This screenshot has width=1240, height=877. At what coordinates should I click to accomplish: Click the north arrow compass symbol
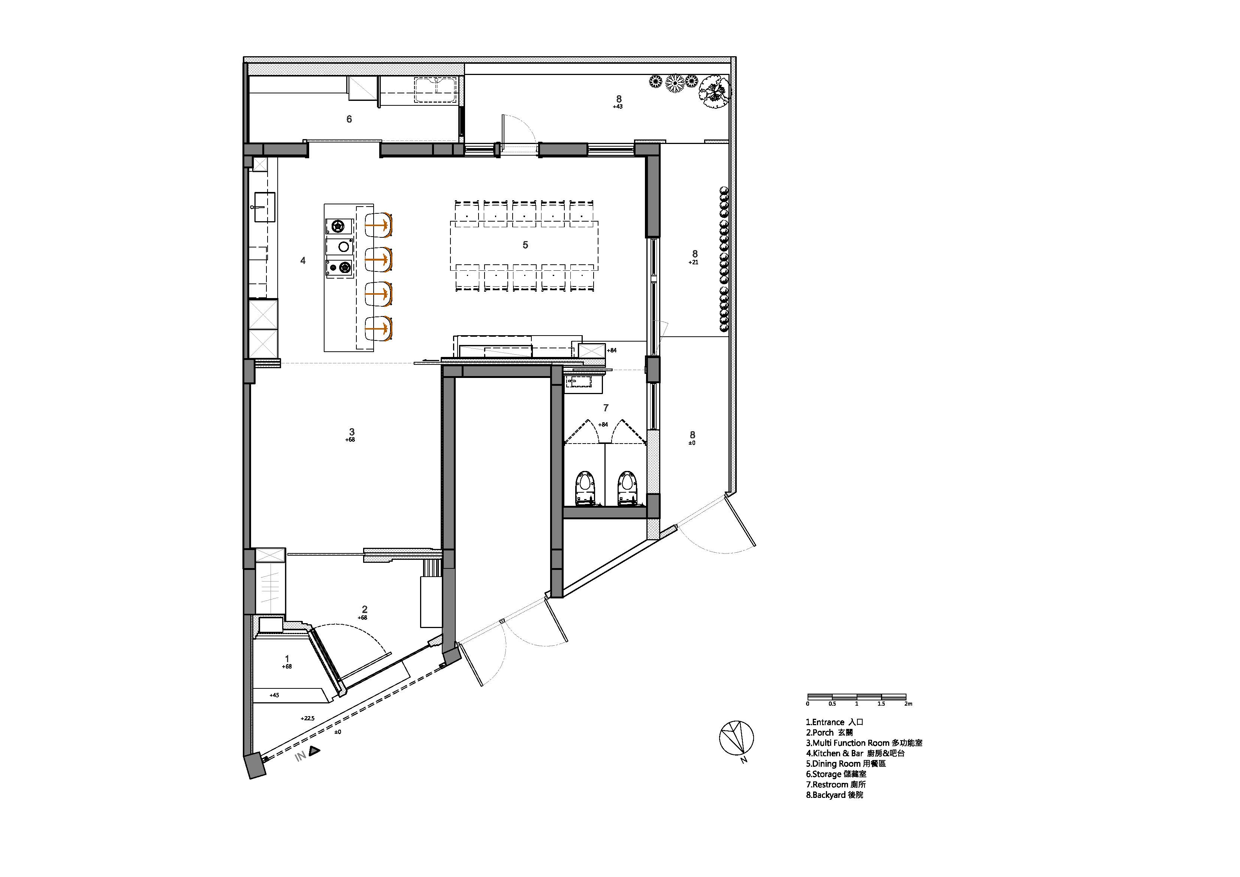[736, 738]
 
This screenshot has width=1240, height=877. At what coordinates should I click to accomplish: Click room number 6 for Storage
[349, 119]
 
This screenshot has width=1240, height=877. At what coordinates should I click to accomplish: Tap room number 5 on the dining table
[525, 245]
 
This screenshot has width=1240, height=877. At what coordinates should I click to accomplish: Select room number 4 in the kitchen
[303, 261]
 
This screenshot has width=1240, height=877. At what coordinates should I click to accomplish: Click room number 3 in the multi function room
[352, 432]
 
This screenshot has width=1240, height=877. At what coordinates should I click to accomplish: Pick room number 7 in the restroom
[606, 408]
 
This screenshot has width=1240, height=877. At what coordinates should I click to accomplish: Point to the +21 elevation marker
[694, 262]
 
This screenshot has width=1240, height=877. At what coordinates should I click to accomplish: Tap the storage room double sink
[435, 90]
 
